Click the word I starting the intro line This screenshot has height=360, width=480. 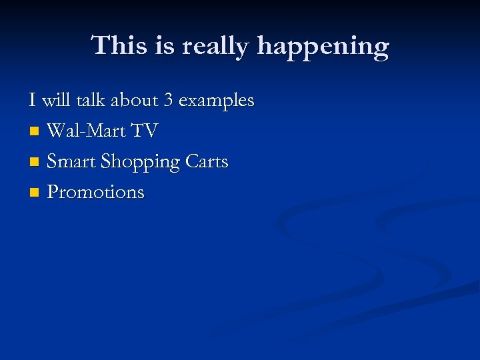point(32,101)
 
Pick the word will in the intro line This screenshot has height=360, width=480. point(56,101)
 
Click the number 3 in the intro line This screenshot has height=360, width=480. point(169,101)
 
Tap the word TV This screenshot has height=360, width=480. point(145,131)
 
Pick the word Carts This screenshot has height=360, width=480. point(207,161)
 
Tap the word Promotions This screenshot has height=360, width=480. point(95,192)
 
